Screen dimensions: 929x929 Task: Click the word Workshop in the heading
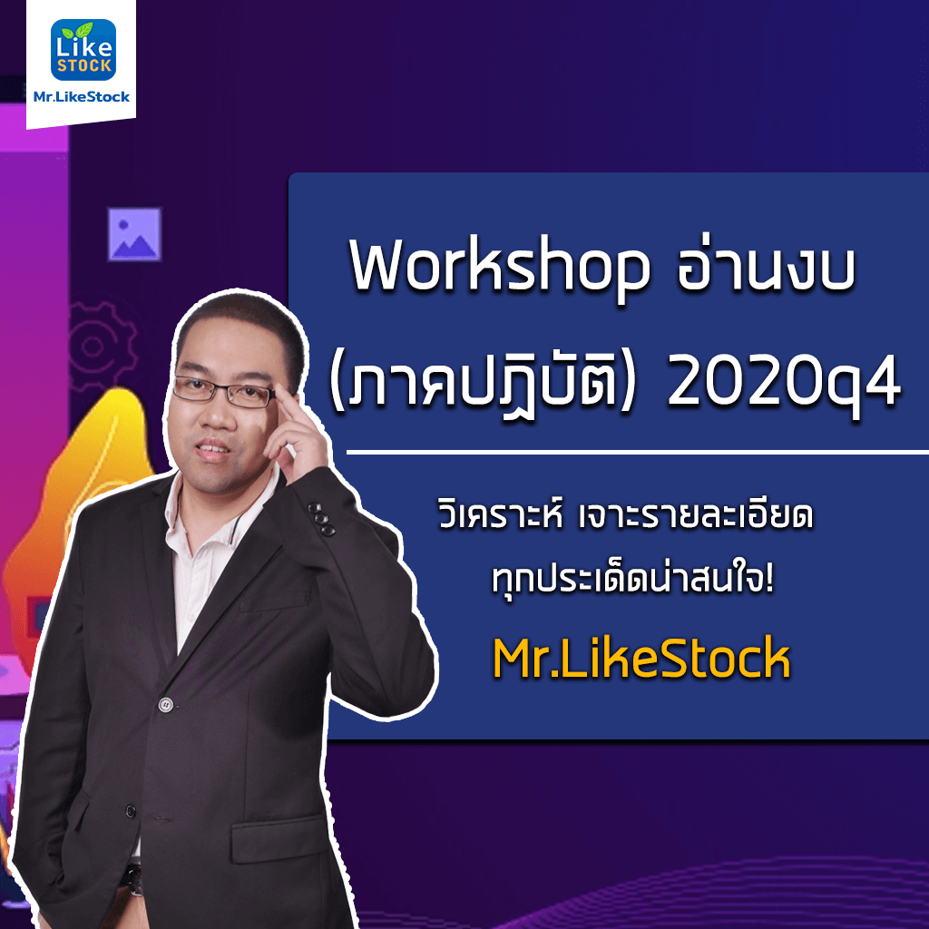pyautogui.click(x=500, y=266)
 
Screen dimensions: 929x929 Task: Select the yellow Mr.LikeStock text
pyautogui.click(x=641, y=658)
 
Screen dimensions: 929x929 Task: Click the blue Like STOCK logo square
pyautogui.click(x=83, y=50)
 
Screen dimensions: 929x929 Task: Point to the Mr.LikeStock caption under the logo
pyautogui.click(x=81, y=96)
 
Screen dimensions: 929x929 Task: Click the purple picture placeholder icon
pyautogui.click(x=134, y=234)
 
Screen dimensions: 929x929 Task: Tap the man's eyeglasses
pyautogui.click(x=223, y=391)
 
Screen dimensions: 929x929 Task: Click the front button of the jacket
pyautogui.click(x=166, y=704)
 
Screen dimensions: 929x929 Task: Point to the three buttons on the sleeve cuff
pyautogui.click(x=321, y=519)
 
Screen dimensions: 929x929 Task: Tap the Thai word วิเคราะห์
pyautogui.click(x=500, y=513)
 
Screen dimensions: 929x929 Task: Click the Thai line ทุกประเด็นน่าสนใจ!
pyautogui.click(x=632, y=578)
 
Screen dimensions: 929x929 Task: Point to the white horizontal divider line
pyautogui.click(x=638, y=453)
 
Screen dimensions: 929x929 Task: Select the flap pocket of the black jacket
pyautogui.click(x=279, y=838)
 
